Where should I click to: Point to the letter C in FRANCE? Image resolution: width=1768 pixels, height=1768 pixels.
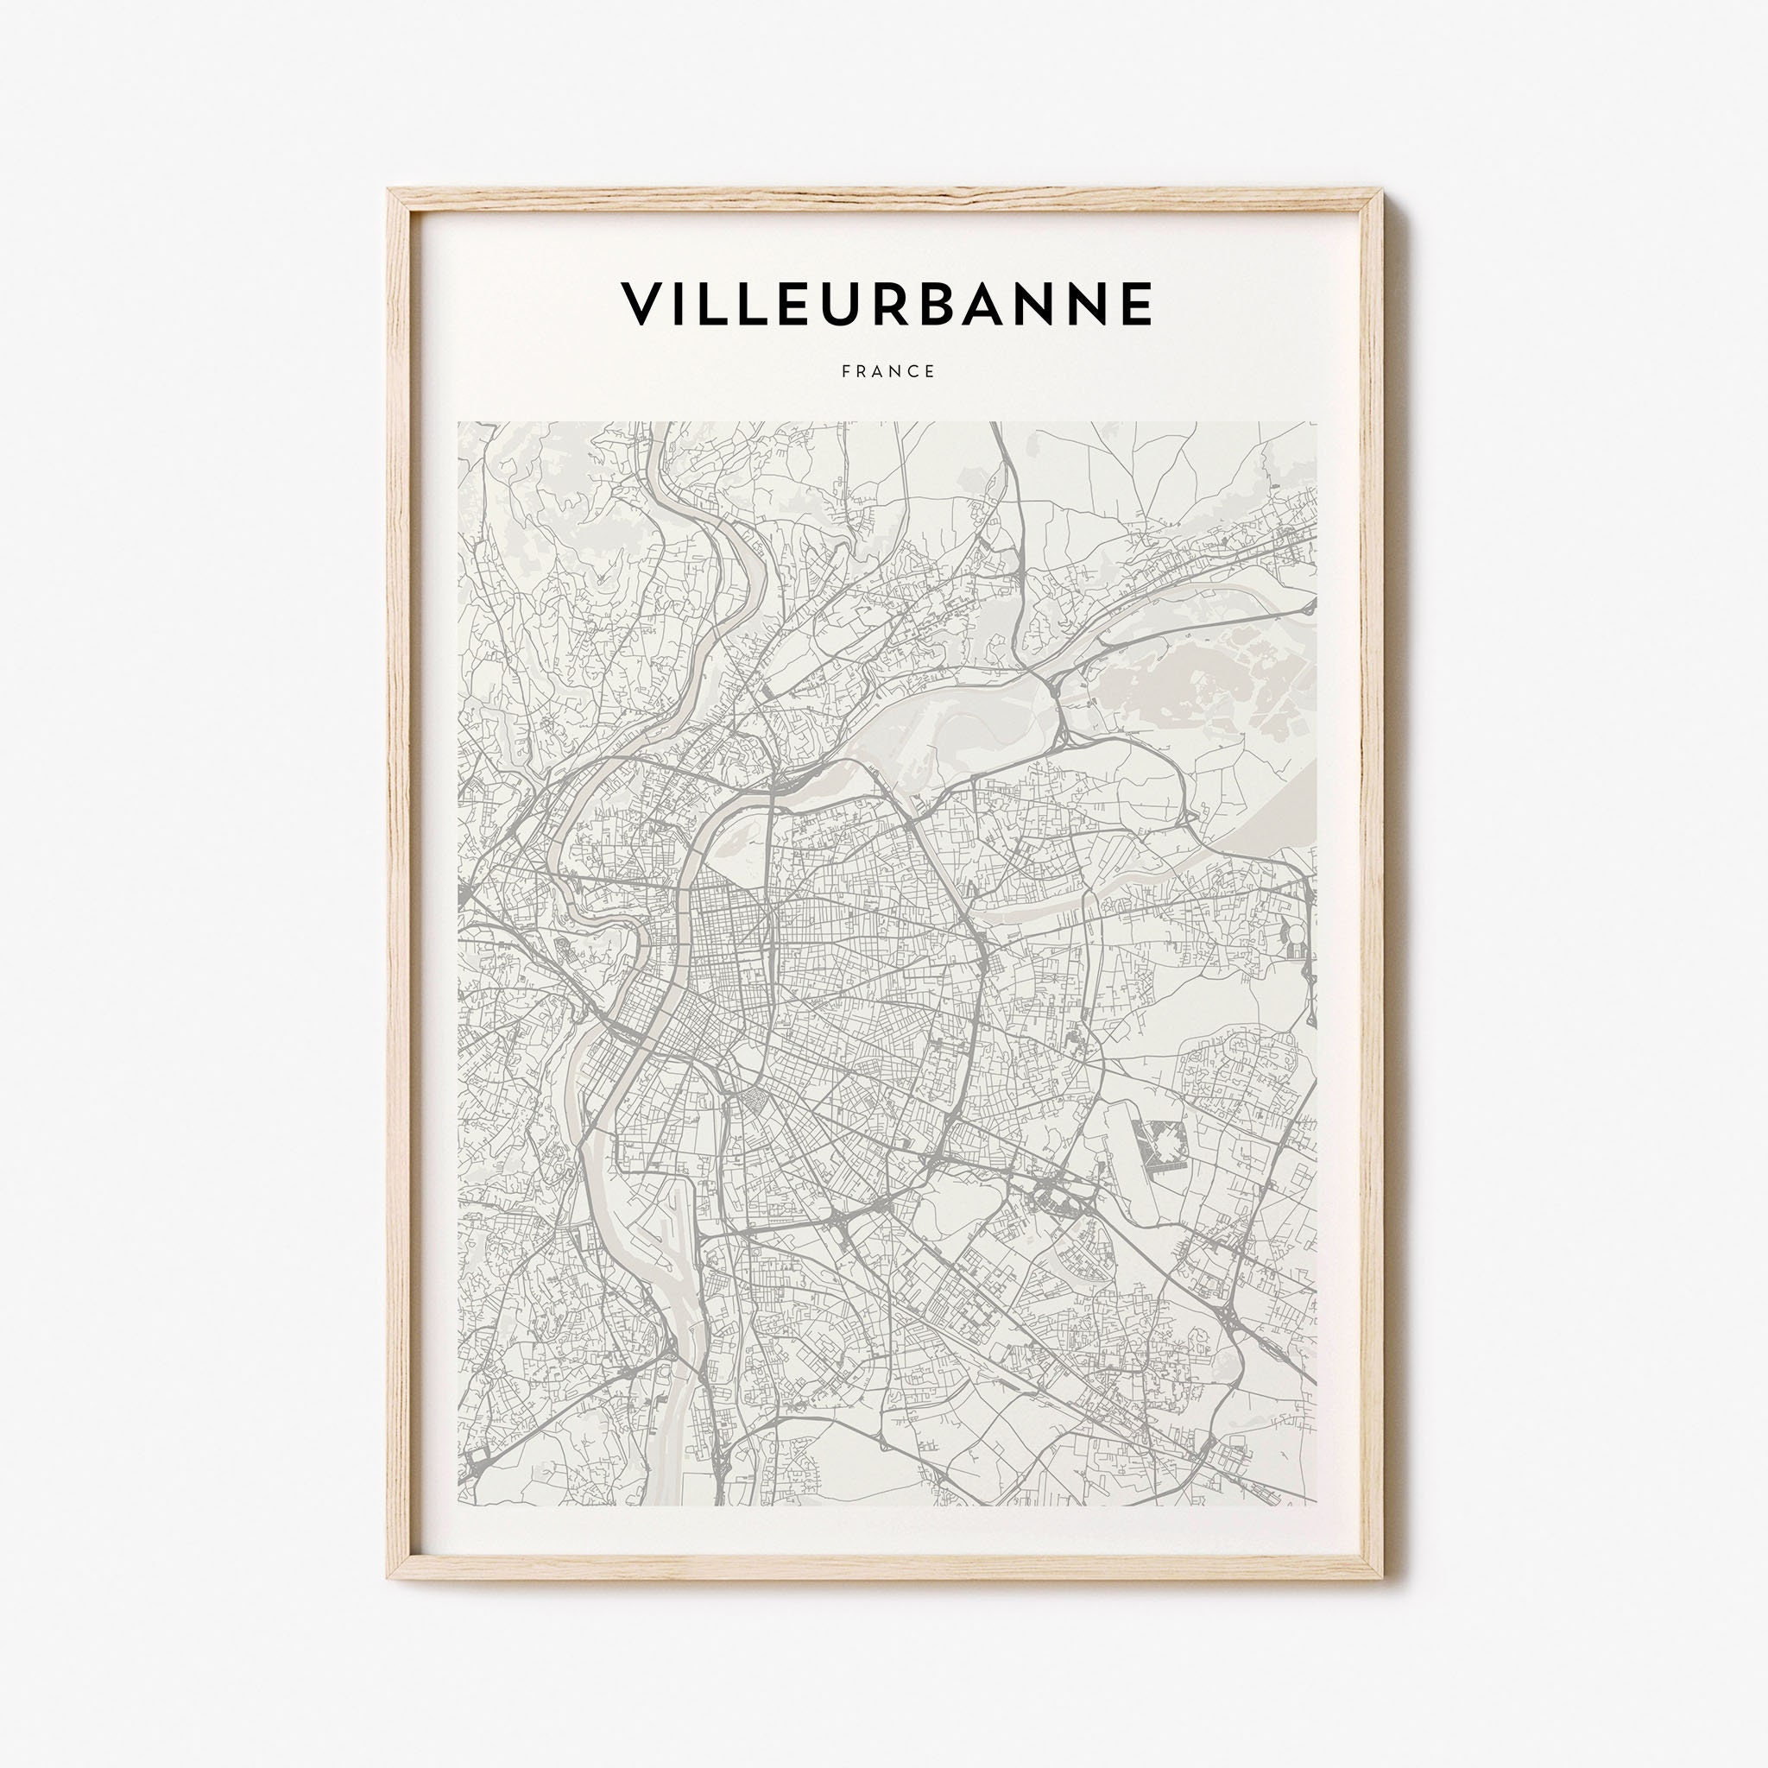(x=911, y=371)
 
